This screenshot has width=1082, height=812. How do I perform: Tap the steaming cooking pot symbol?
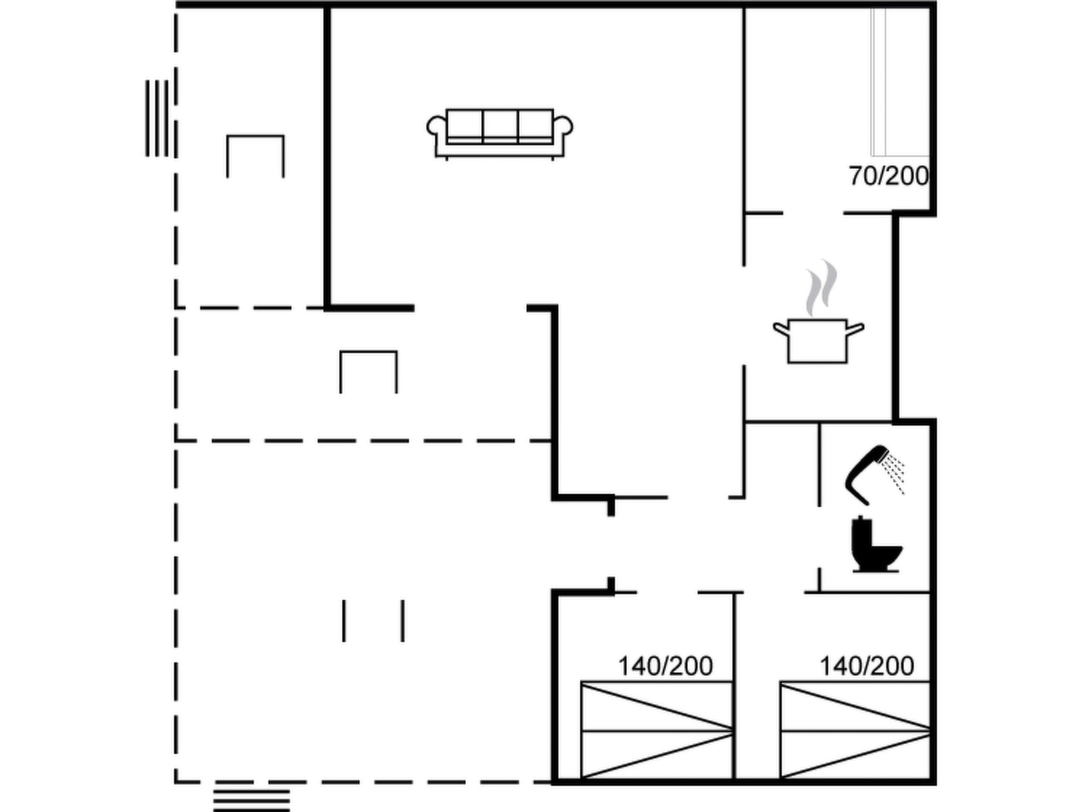point(818,312)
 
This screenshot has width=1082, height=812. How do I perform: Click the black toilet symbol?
point(876,545)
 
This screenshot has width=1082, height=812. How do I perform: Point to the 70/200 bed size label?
point(889,176)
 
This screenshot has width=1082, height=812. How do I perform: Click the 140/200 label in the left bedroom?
point(665,666)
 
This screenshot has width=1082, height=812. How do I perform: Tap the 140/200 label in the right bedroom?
point(866,666)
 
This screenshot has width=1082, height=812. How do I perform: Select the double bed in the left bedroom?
point(657,730)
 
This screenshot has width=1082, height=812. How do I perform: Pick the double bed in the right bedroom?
point(855,730)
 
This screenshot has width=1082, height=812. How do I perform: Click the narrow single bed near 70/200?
point(900,82)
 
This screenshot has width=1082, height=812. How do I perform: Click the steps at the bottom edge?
point(251,800)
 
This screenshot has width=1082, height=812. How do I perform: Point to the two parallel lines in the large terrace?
point(374,621)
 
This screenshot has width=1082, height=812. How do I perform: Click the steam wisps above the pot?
point(820,288)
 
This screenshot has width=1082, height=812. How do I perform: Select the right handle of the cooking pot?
point(855,329)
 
